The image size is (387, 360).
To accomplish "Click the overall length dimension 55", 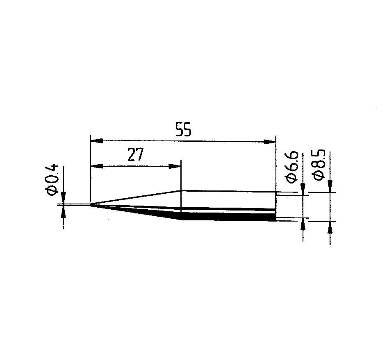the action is click(x=183, y=129).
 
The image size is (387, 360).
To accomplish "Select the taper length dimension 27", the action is click(x=136, y=154).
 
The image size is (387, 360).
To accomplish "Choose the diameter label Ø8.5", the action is click(x=319, y=165).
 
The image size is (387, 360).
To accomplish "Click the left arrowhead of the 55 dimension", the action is click(x=97, y=141).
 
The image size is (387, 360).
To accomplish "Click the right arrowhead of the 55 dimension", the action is click(x=269, y=142).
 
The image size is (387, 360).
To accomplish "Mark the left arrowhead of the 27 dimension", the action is click(x=97, y=166).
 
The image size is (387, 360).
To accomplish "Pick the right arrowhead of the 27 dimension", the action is click(x=175, y=166).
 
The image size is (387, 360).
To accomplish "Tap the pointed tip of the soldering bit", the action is click(x=91, y=204).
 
